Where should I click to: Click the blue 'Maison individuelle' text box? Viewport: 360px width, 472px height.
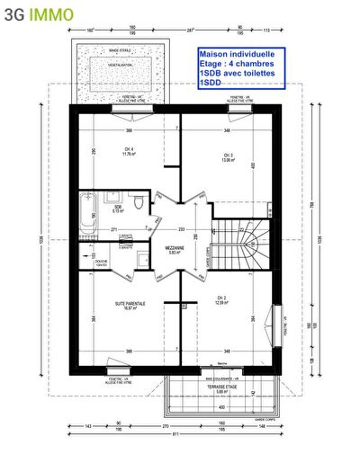pos(240,68)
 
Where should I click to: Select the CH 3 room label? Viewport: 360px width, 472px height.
pos(229,158)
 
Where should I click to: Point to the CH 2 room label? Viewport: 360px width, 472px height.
pos(221,300)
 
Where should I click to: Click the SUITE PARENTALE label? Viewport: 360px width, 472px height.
pos(130,306)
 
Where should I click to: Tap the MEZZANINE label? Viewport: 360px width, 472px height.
pos(175,248)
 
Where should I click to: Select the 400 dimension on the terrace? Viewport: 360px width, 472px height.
pos(221,406)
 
